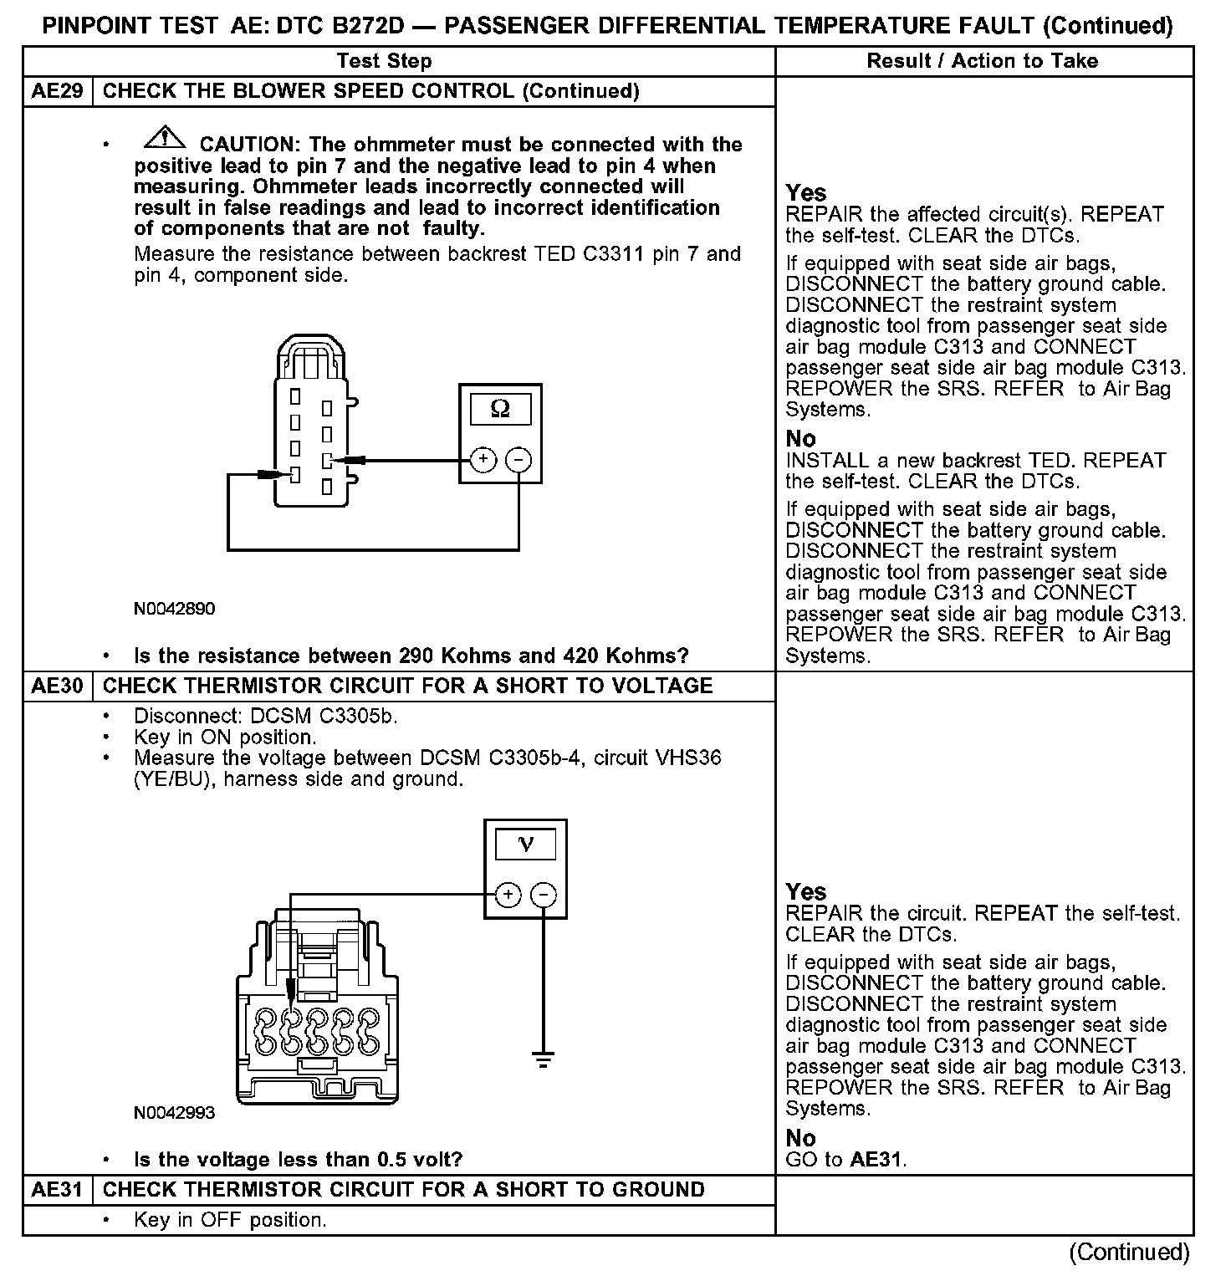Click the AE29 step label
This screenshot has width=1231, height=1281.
tap(58, 91)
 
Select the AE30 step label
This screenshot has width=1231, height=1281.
tap(58, 686)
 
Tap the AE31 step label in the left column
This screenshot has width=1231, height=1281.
tap(58, 1190)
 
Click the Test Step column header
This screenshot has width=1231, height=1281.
tap(384, 61)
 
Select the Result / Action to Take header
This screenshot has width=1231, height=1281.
tap(983, 61)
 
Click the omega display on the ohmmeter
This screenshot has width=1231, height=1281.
tap(500, 409)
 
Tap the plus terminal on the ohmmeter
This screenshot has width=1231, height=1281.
tap(483, 459)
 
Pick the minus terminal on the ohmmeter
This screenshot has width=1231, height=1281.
tap(519, 459)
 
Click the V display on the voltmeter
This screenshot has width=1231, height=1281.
tap(526, 845)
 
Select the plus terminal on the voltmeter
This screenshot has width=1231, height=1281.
tap(508, 895)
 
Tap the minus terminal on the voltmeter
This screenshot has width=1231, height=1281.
tap(544, 895)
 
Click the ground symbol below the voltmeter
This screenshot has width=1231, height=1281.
tap(544, 1060)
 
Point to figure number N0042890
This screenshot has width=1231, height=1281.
tap(174, 609)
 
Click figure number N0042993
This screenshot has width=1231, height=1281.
tap(174, 1113)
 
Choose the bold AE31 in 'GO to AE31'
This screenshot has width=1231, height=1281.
tap(876, 1160)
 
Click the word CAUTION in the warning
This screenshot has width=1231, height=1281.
tap(248, 145)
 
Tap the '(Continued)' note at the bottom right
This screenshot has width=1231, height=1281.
tap(1129, 1252)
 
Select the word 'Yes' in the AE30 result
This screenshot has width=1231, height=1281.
tap(806, 891)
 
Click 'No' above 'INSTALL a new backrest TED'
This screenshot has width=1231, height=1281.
tap(800, 439)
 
